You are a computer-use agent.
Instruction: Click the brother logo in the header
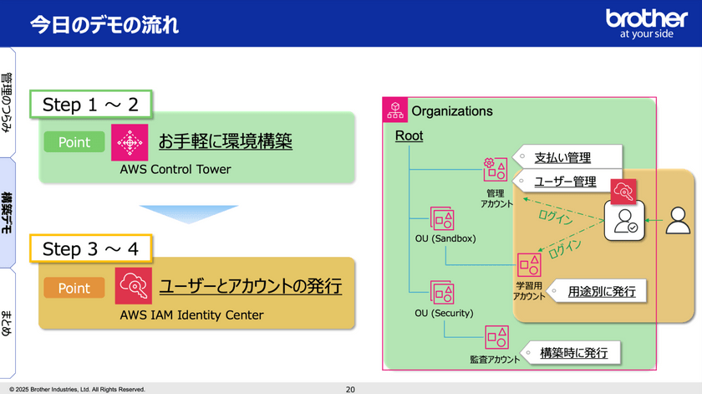pos(647,23)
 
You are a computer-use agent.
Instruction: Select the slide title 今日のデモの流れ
pos(104,24)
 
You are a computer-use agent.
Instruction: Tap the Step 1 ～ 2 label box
pos(91,105)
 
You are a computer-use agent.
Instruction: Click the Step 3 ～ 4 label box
pos(91,248)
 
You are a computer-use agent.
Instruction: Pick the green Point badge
pos(74,142)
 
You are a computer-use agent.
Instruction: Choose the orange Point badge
pos(74,288)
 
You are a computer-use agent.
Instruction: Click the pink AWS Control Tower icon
pos(130,142)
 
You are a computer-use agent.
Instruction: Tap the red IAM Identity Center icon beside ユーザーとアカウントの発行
pos(134,286)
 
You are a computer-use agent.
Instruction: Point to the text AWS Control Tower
pos(175,170)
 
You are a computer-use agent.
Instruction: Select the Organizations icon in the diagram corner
pos(394,110)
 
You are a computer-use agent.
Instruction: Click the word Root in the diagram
pos(409,136)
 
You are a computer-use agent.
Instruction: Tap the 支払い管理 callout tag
pos(567,157)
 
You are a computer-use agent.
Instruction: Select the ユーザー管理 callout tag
pos(567,181)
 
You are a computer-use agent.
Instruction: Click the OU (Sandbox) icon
pos(442,218)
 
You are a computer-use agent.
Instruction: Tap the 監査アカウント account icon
pos(496,337)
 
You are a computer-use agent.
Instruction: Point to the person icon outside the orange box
pos(678,220)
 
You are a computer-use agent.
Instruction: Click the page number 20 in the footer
pos(350,390)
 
